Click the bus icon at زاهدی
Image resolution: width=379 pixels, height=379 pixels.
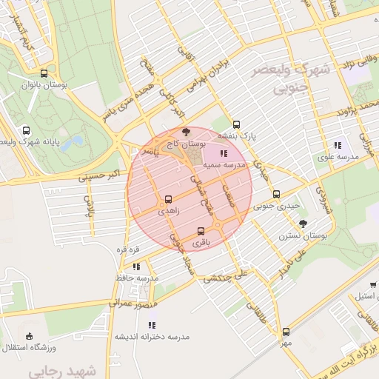(168, 199)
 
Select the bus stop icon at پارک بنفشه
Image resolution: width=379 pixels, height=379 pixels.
(236, 124)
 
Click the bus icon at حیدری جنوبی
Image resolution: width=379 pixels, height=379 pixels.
(275, 195)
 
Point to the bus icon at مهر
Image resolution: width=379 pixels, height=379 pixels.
(286, 332)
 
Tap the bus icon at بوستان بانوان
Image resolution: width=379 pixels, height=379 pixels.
(44, 73)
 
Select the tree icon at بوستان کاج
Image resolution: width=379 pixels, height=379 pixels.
(185, 130)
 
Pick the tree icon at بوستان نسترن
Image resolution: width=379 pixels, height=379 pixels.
(302, 224)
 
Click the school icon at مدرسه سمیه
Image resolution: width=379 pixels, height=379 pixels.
(224, 153)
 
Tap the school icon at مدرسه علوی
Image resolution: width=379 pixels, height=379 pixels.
(338, 145)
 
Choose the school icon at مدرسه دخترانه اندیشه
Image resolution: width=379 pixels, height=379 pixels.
(152, 324)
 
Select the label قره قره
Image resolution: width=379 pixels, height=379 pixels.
(124, 249)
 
